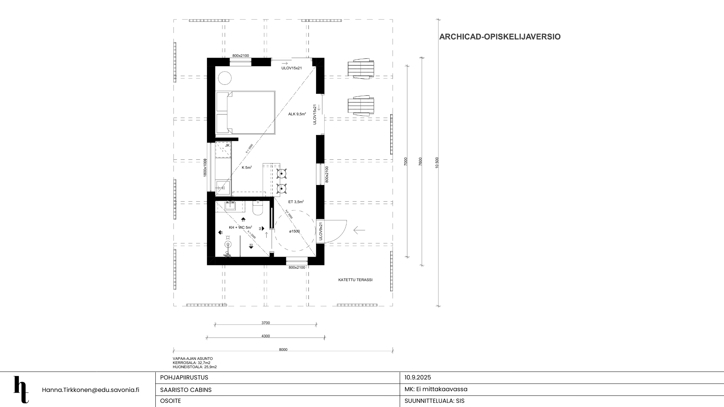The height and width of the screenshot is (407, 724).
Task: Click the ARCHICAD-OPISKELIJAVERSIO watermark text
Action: click(500, 37)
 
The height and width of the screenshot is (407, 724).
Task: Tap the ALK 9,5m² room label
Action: click(297, 114)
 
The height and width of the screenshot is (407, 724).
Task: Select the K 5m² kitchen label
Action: click(247, 168)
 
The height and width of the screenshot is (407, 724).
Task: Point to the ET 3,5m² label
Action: click(296, 202)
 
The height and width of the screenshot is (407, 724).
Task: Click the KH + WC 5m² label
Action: click(240, 228)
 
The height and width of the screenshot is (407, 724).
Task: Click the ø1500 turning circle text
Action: click(294, 231)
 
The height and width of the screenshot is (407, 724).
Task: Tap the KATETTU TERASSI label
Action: click(355, 280)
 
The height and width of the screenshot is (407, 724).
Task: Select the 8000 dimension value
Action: click(283, 350)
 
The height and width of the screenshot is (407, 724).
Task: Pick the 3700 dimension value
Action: click(265, 323)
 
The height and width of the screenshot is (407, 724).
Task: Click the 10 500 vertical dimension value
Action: click(437, 163)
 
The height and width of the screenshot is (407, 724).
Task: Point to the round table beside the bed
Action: click(225, 78)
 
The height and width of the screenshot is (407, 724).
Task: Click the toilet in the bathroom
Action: click(258, 209)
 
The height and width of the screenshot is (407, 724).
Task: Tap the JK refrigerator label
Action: click(227, 145)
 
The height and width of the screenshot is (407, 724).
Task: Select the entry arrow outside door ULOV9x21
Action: click(359, 230)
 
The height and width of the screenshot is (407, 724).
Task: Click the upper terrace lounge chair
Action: click(361, 69)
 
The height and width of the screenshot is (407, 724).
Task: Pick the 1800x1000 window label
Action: click(205, 168)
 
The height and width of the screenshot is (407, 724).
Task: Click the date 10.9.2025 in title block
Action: click(417, 378)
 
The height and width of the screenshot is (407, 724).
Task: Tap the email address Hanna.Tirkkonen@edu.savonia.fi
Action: click(90, 390)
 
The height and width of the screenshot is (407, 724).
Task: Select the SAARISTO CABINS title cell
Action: click(186, 390)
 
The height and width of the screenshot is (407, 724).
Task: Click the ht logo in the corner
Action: click(21, 389)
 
